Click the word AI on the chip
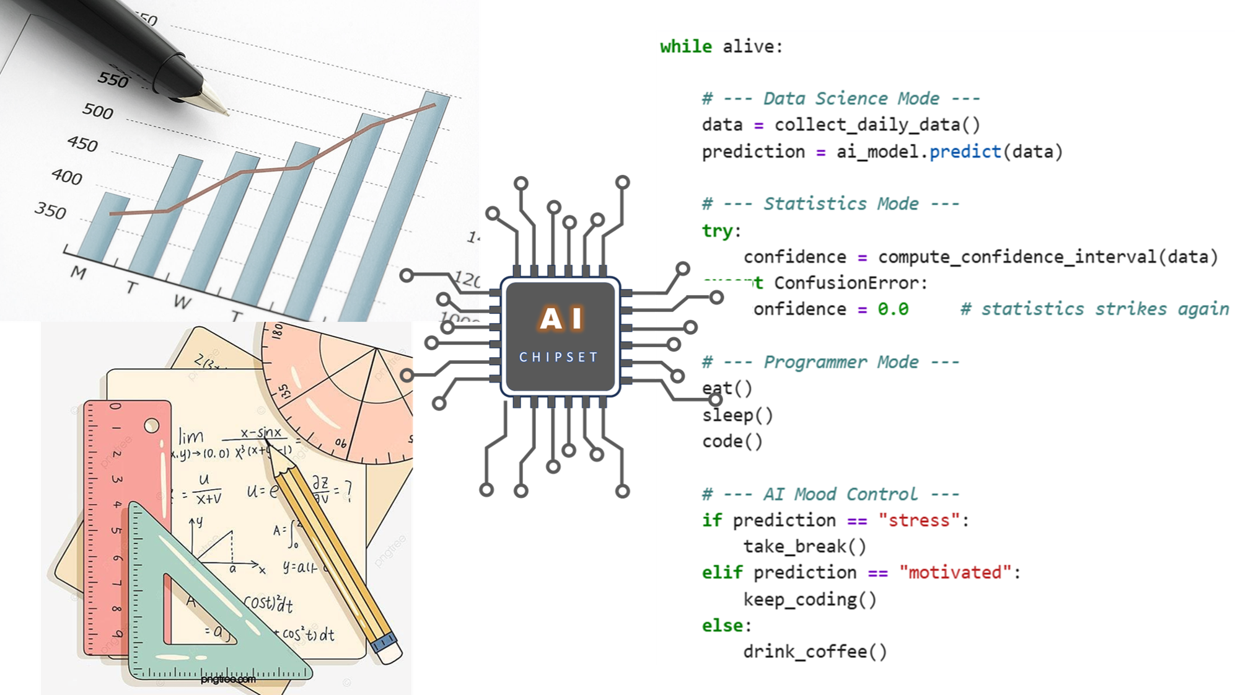click(x=561, y=319)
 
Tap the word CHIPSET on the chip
click(x=558, y=357)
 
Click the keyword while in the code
click(x=686, y=46)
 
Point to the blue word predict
click(x=965, y=152)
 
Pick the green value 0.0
click(x=892, y=309)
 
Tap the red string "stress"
click(x=919, y=520)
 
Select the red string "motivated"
click(x=955, y=572)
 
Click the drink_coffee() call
click(x=815, y=652)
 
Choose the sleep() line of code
click(x=737, y=415)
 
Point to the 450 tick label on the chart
click(x=83, y=144)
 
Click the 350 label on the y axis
click(x=50, y=211)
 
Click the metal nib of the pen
click(x=214, y=100)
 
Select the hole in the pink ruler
click(x=152, y=426)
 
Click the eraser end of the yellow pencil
click(x=389, y=650)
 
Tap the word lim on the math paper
click(x=191, y=437)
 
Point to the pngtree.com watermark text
click(x=228, y=680)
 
